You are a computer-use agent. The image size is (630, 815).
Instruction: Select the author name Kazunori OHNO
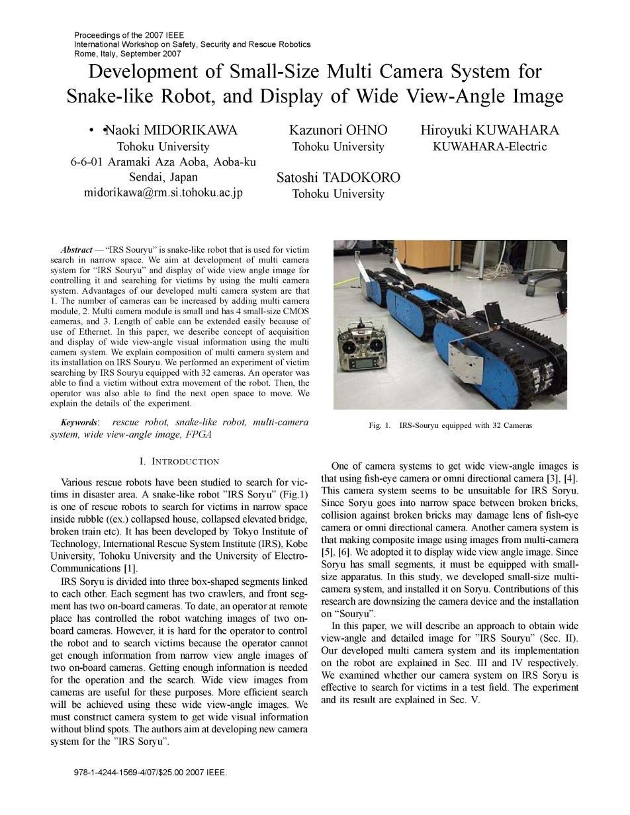coord(338,130)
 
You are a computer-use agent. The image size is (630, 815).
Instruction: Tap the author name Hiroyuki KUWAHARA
coord(490,130)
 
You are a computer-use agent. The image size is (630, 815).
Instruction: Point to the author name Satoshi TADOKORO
coord(338,178)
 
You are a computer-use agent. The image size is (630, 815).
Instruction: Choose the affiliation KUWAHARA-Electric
coord(490,147)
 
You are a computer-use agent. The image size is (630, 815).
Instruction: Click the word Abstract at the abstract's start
coord(76,250)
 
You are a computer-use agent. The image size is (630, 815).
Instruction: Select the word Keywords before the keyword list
coord(78,422)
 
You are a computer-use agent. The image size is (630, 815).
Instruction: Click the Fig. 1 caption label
coord(380,425)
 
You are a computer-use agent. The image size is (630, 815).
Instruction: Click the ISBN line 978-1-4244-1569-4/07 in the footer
coord(152,772)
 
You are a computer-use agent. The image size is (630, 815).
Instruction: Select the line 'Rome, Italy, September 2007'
coord(127,54)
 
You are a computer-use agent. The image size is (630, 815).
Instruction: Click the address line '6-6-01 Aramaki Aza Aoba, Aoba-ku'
coord(163,162)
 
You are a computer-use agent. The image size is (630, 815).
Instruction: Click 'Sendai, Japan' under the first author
coord(163,177)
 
